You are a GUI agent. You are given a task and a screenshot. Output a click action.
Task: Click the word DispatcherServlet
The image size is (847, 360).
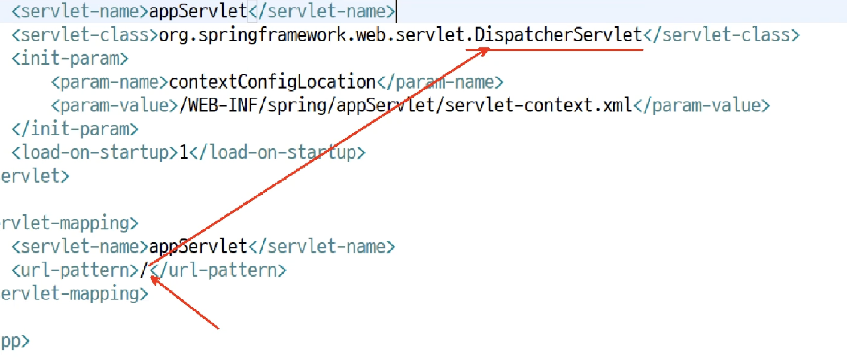pos(558,35)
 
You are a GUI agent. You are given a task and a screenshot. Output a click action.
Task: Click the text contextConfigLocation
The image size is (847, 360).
pos(272,82)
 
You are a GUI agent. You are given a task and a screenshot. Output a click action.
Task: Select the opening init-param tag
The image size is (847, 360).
pos(70,58)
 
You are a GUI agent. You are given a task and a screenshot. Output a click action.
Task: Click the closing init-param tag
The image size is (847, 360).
pos(75,129)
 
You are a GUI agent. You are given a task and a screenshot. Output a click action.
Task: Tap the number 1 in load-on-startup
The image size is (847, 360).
pos(184,152)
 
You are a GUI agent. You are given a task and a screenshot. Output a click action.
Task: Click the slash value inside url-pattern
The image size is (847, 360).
pos(144,270)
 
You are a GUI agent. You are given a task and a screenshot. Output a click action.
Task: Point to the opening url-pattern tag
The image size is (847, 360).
pos(75,270)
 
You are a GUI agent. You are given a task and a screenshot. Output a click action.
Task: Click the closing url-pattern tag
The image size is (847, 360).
pos(218,270)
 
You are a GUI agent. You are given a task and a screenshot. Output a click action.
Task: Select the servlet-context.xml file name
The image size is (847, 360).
pos(539,106)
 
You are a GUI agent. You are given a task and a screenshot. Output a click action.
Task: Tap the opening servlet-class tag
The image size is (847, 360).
pos(85,35)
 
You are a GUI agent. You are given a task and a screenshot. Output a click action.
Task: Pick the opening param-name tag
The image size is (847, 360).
pos(109,82)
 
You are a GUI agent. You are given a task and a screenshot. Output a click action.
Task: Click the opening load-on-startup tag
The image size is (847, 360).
pos(95,152)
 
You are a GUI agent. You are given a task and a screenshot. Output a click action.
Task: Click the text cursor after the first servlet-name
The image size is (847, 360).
pos(396,12)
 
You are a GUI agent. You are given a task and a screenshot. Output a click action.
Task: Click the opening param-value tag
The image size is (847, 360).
pos(114,106)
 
